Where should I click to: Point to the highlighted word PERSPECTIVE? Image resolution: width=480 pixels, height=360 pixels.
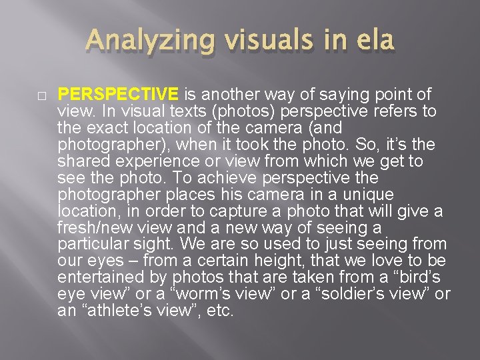(118, 95)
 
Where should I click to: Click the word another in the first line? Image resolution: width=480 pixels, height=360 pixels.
(224, 95)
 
